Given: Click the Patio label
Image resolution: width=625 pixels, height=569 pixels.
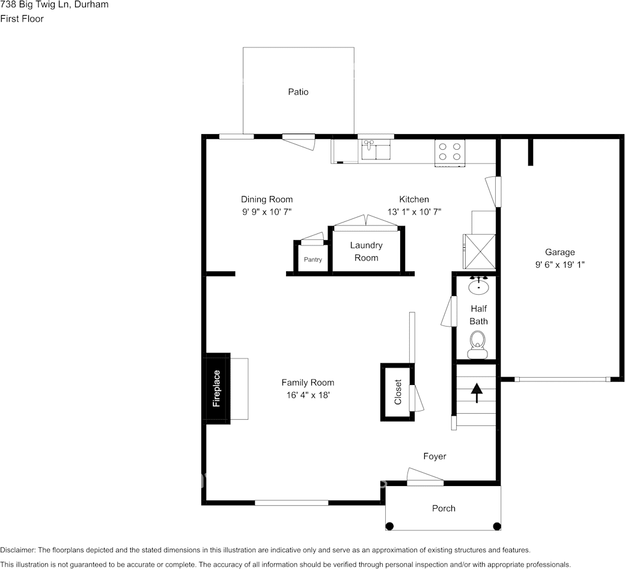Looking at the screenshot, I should (x=298, y=92).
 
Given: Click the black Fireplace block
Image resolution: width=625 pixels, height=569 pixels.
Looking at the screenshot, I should (x=218, y=389).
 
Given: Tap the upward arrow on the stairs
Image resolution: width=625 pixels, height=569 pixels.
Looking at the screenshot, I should (x=477, y=393).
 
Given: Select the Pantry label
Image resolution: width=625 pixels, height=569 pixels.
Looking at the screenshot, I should (x=312, y=260).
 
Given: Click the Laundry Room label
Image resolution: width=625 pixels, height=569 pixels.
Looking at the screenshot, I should (x=366, y=251).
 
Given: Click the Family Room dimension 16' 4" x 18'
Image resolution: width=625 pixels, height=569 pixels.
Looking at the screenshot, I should (x=308, y=395).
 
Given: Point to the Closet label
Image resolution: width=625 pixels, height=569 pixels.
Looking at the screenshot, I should (x=398, y=392).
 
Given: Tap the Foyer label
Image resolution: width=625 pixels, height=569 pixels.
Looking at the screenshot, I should (x=434, y=457).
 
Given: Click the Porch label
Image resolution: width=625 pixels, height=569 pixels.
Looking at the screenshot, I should (x=444, y=508).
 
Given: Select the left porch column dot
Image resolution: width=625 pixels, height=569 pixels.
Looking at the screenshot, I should (x=389, y=526).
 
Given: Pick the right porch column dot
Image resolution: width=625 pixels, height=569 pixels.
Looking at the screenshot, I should (x=496, y=526).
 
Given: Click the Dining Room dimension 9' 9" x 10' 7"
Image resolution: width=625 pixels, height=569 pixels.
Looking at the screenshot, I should (x=267, y=211).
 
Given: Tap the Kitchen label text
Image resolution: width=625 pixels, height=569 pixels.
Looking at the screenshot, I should (x=414, y=199).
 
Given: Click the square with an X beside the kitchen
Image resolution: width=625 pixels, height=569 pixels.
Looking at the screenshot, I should (x=478, y=251).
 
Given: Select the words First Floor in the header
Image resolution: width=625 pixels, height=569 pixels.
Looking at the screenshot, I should (x=22, y=19).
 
